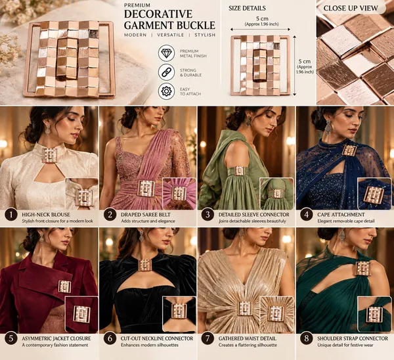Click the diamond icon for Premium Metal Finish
click(x=166, y=53)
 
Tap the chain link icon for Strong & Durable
click(x=166, y=72)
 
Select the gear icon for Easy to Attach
click(x=166, y=91)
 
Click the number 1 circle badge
click(x=11, y=215)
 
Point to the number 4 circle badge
click(x=306, y=215)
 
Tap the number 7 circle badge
click(x=208, y=338)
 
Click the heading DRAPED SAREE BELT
click(x=146, y=215)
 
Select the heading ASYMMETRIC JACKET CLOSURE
click(x=56, y=338)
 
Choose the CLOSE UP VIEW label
click(x=351, y=9)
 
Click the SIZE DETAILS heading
click(x=247, y=9)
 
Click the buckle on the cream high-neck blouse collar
click(x=50, y=156)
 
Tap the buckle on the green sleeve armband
click(x=238, y=171)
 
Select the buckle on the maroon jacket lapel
click(x=64, y=286)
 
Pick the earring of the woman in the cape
click(x=328, y=127)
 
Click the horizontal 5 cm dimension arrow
click(x=260, y=30)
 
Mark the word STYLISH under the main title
click(x=205, y=35)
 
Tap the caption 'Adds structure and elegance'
click(x=148, y=221)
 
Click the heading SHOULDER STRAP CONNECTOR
click(x=353, y=338)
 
